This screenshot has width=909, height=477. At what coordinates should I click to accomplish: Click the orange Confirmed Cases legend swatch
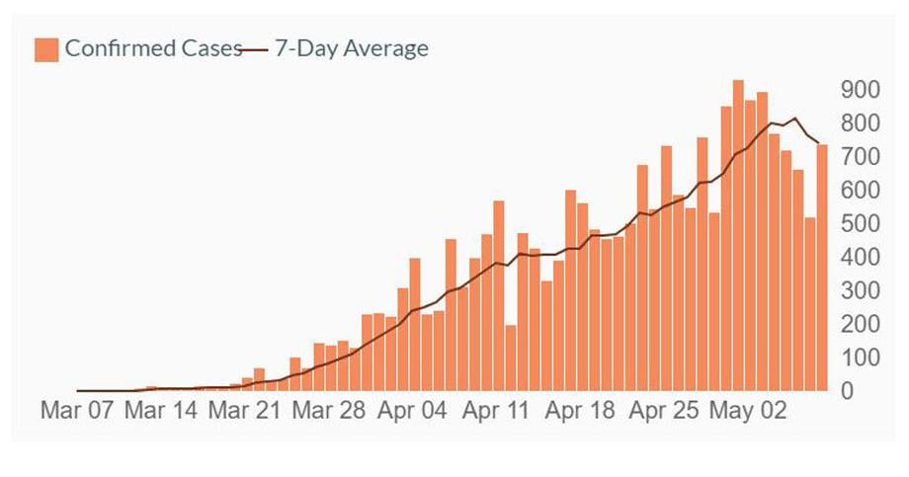[x=46, y=48]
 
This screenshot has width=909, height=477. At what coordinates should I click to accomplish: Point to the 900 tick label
[x=860, y=90]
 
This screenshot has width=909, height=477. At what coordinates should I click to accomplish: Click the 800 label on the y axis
[x=860, y=123]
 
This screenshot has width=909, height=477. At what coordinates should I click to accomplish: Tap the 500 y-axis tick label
[x=860, y=224]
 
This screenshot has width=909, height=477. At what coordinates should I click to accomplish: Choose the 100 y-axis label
[x=860, y=358]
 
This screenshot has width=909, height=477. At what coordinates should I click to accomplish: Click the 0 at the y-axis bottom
[x=847, y=392]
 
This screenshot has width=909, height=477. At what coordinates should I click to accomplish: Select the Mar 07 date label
[x=77, y=411]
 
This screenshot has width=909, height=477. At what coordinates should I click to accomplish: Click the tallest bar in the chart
[x=738, y=237]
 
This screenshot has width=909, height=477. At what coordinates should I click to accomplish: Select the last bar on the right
[x=822, y=267]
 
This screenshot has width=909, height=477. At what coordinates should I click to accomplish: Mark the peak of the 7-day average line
[x=795, y=119]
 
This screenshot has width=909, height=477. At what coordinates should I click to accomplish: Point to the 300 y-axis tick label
[x=860, y=291]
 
